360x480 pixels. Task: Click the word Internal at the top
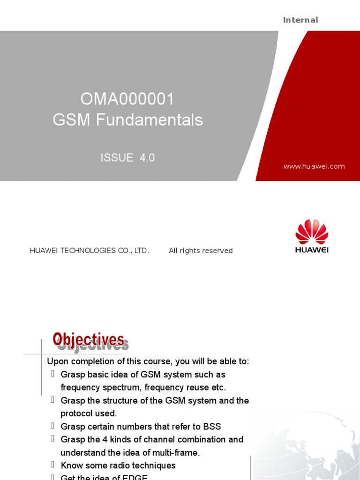click(x=300, y=20)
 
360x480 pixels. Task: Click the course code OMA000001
click(x=127, y=99)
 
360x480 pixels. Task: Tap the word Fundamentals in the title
click(x=150, y=120)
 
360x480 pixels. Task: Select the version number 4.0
click(x=147, y=158)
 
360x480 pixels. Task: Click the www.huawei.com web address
click(x=314, y=166)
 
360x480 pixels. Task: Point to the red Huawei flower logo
click(x=312, y=232)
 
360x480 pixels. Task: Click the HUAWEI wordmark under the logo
click(x=312, y=250)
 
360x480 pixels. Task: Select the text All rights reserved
click(x=201, y=251)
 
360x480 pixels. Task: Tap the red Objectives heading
click(x=89, y=339)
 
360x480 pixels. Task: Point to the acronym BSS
click(x=212, y=427)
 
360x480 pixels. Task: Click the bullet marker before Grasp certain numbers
click(x=53, y=426)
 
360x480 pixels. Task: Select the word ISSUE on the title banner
click(x=117, y=158)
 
